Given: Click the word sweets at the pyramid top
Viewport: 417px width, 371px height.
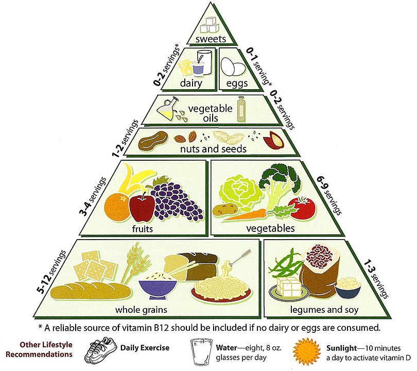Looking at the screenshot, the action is tap(211, 39).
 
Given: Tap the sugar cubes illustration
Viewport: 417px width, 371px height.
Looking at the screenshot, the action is tap(210, 25).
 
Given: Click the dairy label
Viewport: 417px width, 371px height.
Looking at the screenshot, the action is tap(191, 83).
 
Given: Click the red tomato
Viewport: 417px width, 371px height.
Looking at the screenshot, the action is tap(302, 208).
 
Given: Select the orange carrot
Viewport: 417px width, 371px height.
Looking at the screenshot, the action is tap(244, 214).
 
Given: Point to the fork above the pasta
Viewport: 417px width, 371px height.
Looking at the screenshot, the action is tap(239, 258).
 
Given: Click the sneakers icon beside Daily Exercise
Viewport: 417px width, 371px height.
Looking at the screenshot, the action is tap(100, 350).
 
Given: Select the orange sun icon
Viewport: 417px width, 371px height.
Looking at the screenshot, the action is tap(307, 351).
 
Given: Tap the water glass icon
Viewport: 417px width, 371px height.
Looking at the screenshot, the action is tap(201, 352).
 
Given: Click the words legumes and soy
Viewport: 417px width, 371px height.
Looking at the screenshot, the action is tap(324, 310).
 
